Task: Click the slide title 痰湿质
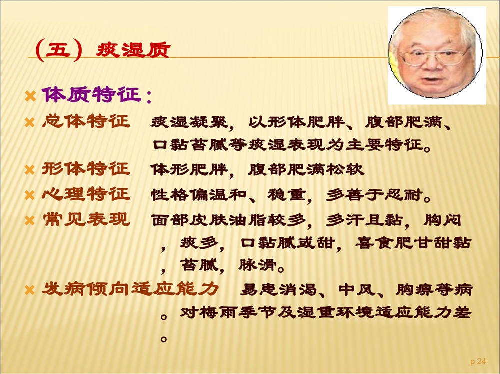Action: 133,50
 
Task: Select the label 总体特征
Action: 86,121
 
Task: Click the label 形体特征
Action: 86,168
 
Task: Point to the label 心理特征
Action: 86,194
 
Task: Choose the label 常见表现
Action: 86,219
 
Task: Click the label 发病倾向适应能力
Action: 130,289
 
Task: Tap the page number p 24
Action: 478,361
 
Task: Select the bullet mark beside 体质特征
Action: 30,96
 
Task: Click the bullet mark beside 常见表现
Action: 29,220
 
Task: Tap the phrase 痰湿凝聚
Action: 189,122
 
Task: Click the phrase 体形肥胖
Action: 189,169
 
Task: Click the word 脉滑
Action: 257,265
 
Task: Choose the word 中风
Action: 358,289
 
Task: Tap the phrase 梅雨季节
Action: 238,312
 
